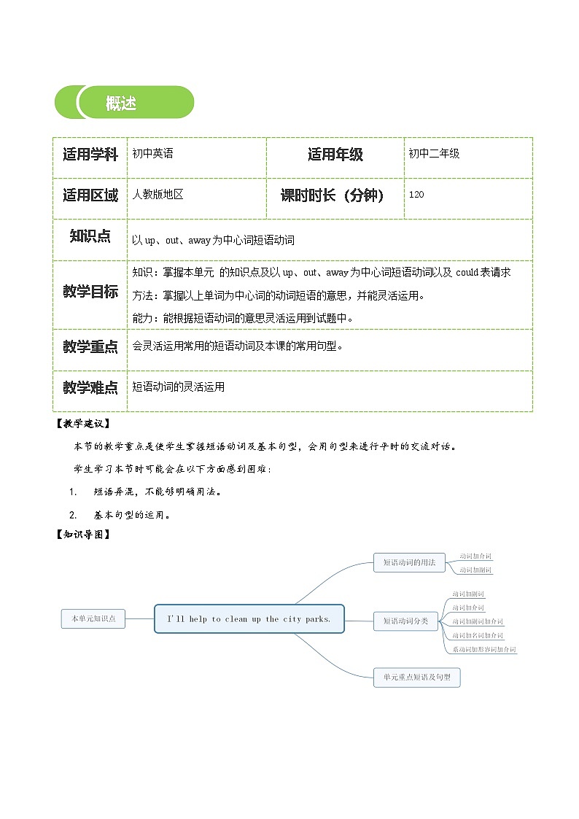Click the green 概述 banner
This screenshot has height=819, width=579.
pos(125,103)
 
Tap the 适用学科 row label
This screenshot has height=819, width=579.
pos(90,155)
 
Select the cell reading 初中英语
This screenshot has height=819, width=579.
pos(153,154)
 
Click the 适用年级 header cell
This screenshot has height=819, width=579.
pos(335,155)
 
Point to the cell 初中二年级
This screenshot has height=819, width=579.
pos(434,154)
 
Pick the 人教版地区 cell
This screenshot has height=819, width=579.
pos(158,195)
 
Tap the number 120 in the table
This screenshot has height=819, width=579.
pos(416,195)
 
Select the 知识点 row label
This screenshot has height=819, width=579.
pos(90,236)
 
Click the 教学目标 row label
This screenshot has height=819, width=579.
pos(90,292)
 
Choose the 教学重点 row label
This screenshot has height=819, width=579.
pos(90,347)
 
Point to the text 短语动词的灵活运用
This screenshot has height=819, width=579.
pos(179,387)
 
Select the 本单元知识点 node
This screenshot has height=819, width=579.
pos(93,618)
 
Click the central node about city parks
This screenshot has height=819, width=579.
pos(249,618)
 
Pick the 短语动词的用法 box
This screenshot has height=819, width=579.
pos(409,562)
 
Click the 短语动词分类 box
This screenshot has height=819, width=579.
pos(405,621)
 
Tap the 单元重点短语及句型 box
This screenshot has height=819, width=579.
pos(417,677)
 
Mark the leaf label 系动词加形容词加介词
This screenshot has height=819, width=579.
pos(483,649)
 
